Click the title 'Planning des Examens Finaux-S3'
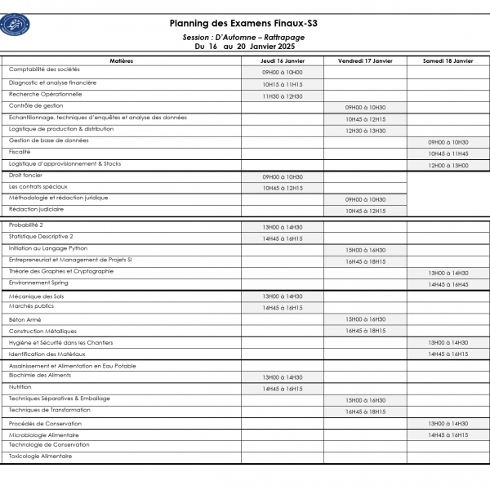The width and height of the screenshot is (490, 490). [243, 24]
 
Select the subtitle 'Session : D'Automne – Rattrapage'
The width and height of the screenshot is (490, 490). [243, 38]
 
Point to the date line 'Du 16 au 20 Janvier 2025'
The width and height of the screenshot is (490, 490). [243, 47]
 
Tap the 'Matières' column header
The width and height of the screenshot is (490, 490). [122, 60]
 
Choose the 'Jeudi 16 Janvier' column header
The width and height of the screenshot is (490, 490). [283, 60]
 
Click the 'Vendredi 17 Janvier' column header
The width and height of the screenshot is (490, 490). [365, 60]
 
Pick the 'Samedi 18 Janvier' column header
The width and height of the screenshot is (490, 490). [448, 60]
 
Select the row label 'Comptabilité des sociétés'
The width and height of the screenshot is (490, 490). [44, 69]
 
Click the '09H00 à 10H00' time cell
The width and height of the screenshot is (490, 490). [283, 73]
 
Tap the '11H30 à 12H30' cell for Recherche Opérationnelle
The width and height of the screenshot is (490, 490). [283, 96]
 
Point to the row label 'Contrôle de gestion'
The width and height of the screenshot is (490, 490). [36, 105]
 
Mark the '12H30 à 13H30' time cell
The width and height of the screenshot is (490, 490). [365, 131]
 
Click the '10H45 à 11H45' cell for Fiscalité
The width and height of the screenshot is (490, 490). [448, 154]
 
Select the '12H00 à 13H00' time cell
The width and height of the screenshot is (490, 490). [448, 166]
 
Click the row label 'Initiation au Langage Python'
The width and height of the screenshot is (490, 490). [48, 247]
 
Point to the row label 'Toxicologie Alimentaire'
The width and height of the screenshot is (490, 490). [41, 456]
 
